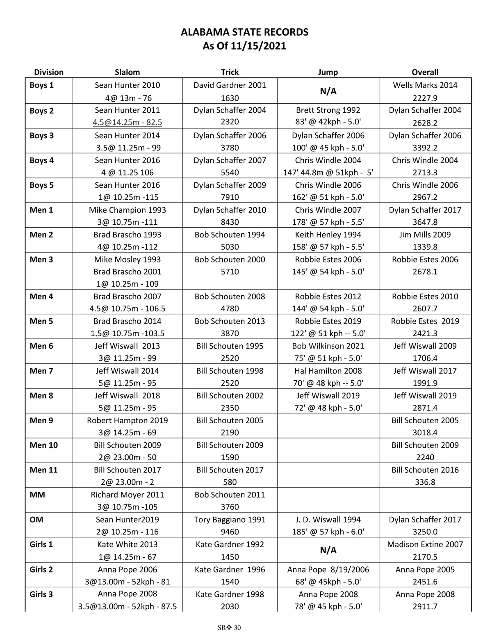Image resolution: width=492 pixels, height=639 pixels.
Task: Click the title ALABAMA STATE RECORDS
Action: click(x=244, y=32)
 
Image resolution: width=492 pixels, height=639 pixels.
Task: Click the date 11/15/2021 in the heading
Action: click(x=258, y=46)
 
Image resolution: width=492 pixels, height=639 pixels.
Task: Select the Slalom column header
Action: click(x=127, y=72)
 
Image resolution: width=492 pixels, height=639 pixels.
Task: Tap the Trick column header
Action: click(x=230, y=72)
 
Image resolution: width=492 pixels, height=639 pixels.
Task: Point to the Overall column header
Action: click(x=425, y=72)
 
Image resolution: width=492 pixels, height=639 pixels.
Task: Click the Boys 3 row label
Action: click(x=41, y=136)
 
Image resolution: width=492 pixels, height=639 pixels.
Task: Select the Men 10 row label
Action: click(x=43, y=445)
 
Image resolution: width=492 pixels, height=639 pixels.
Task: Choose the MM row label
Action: click(x=37, y=495)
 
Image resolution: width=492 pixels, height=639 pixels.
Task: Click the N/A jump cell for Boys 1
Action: click(x=328, y=91)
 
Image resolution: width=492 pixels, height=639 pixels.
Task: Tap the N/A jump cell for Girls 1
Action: click(x=328, y=550)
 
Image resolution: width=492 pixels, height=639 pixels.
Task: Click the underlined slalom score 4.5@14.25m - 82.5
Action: click(x=127, y=122)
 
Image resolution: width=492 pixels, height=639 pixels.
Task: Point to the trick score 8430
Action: click(x=230, y=222)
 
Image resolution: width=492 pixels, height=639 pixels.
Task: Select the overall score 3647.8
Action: click(x=425, y=222)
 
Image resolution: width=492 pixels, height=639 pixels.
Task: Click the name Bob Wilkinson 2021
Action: click(x=328, y=346)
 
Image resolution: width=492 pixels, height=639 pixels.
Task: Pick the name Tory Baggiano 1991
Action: click(x=230, y=520)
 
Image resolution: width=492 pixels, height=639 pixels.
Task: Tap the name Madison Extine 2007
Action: click(x=425, y=544)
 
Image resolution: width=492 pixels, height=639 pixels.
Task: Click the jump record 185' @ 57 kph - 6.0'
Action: click(x=328, y=532)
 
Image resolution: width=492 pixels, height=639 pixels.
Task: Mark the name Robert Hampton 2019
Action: click(x=127, y=420)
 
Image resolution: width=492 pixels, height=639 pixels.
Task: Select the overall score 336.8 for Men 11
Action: click(x=425, y=482)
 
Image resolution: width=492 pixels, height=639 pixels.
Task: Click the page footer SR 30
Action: click(x=230, y=628)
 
